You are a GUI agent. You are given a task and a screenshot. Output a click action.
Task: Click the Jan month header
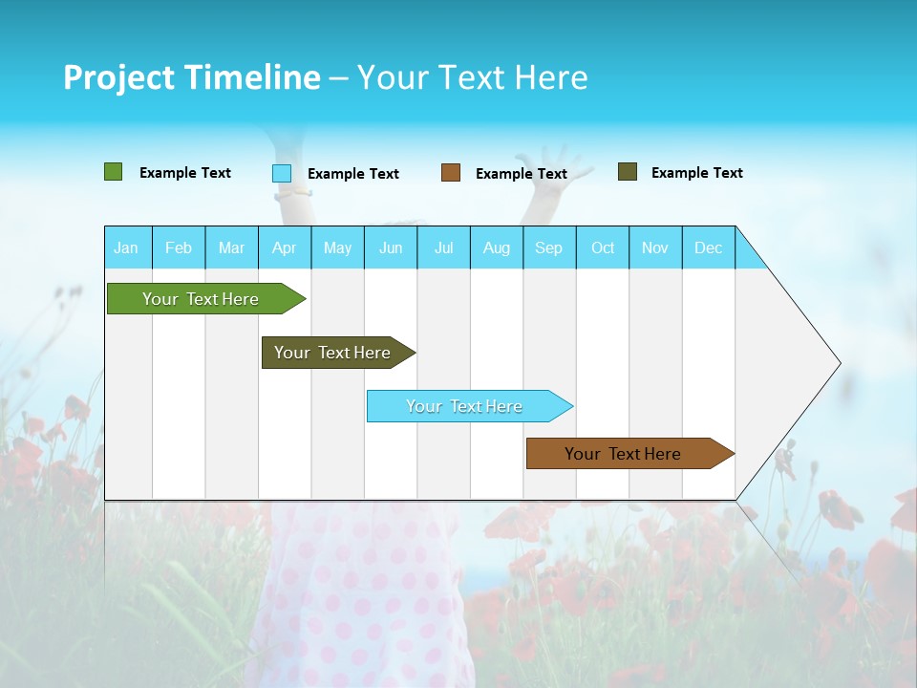pyautogui.click(x=126, y=247)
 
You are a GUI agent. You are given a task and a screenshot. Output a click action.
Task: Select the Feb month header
pyautogui.click(x=179, y=247)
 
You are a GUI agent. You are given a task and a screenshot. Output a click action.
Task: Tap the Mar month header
pyautogui.click(x=231, y=247)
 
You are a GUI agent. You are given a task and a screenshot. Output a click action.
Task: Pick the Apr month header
pyautogui.click(x=284, y=247)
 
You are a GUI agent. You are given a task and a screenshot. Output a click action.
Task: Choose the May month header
pyautogui.click(x=337, y=247)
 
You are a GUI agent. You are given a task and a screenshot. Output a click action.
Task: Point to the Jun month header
pyautogui.click(x=391, y=247)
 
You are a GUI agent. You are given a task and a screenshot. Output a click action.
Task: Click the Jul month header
pyautogui.click(x=443, y=247)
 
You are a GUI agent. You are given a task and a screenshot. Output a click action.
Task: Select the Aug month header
pyautogui.click(x=497, y=247)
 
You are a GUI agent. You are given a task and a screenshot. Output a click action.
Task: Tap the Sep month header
pyautogui.click(x=548, y=247)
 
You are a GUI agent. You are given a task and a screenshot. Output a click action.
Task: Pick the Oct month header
pyautogui.click(x=603, y=247)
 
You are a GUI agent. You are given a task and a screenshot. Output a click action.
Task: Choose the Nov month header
pyautogui.click(x=655, y=247)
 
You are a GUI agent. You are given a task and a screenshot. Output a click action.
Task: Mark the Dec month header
pyautogui.click(x=708, y=247)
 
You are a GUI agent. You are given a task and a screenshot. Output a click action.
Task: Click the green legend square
pyautogui.click(x=114, y=172)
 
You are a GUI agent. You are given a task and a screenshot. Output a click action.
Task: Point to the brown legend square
pyautogui.click(x=451, y=173)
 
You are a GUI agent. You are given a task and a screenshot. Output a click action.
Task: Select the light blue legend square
pyautogui.click(x=282, y=173)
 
